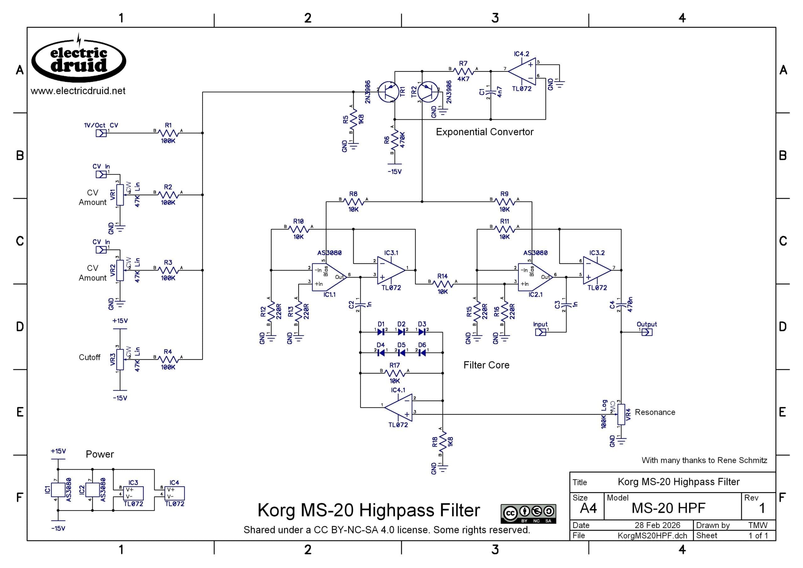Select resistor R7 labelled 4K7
coord(463,71)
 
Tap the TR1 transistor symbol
coord(388,92)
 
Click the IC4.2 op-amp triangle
coord(521,71)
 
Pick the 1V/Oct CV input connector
coord(101,133)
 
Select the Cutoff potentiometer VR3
coord(120,359)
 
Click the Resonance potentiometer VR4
coord(621,414)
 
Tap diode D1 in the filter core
coord(381,332)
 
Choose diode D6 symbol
coord(422,352)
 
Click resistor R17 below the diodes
coord(395,373)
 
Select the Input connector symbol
coord(540,332)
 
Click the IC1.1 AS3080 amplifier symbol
coord(329,277)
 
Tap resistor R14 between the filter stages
coord(443,284)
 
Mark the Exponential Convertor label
coord(485,132)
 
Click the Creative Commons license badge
coord(528,513)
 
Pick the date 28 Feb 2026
coord(657,525)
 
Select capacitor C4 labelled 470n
coord(621,305)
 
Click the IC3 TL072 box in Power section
coord(133,493)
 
